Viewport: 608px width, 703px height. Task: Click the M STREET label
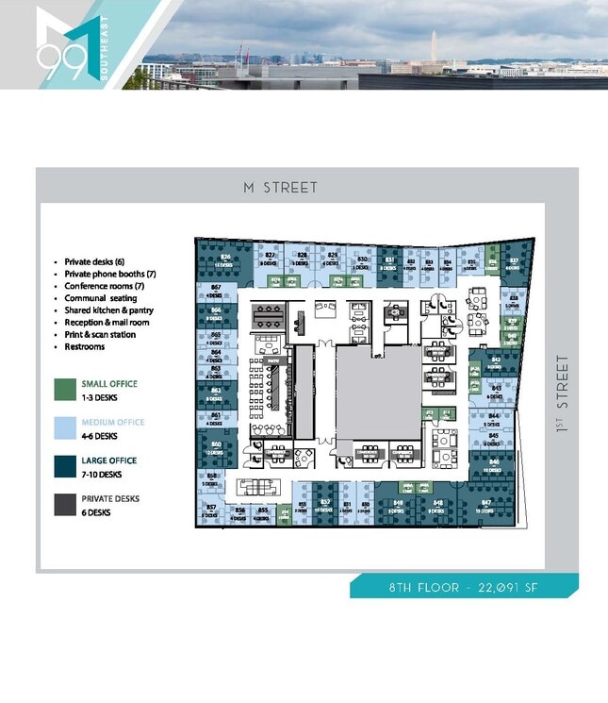(280, 188)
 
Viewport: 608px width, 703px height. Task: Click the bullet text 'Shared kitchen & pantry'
(108, 310)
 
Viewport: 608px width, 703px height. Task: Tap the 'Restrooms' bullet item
(84, 347)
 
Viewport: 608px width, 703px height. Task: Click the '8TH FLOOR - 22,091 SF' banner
(465, 587)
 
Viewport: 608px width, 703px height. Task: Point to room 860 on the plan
(216, 445)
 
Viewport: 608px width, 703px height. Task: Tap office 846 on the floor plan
(494, 465)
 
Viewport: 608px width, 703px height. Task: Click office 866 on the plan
(216, 312)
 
